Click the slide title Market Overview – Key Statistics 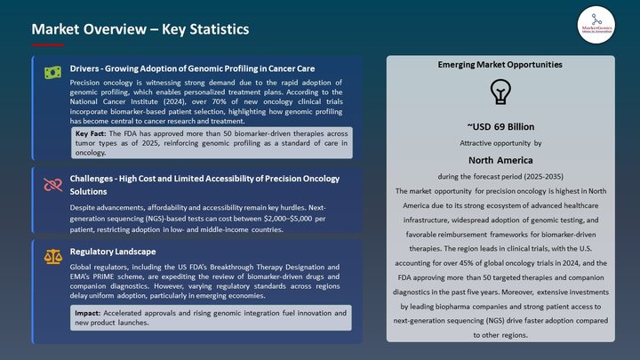(x=140, y=29)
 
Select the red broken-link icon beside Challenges (x=52, y=185)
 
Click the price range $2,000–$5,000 (x=272, y=218)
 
